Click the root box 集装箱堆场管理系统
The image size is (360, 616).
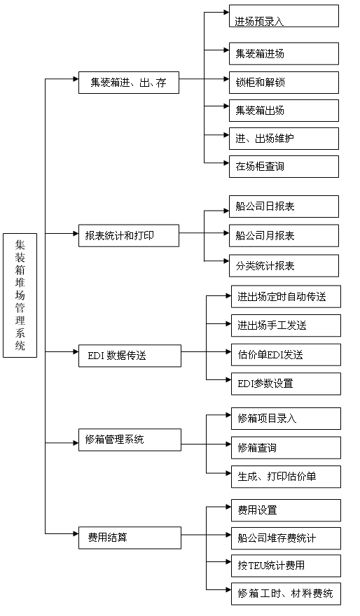pyautogui.click(x=20, y=295)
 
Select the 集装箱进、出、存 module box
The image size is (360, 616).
pyautogui.click(x=129, y=83)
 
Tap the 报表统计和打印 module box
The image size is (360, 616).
pyautogui.click(x=129, y=236)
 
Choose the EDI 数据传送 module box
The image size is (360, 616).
pyautogui.click(x=130, y=356)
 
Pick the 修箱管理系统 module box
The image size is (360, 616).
pyautogui.click(x=130, y=440)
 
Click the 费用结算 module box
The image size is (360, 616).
pyautogui.click(x=130, y=538)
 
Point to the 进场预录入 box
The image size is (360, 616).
pyautogui.click(x=284, y=15)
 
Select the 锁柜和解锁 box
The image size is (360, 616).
pyautogui.click(x=284, y=83)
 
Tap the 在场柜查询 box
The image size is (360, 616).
pyautogui.click(x=284, y=167)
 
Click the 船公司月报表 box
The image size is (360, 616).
pyautogui.click(x=284, y=236)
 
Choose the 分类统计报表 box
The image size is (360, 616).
pyautogui.click(x=284, y=265)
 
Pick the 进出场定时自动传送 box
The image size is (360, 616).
pyautogui.click(x=286, y=297)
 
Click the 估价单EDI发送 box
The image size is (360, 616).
pyautogui.click(x=286, y=355)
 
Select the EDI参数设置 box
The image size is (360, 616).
pyautogui.click(x=286, y=384)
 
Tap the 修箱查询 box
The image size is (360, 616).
pyautogui.click(x=286, y=448)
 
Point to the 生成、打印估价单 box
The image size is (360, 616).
pyautogui.click(x=286, y=477)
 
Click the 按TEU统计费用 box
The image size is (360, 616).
pyautogui.click(x=286, y=566)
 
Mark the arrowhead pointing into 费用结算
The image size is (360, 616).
pyautogui.click(x=76, y=533)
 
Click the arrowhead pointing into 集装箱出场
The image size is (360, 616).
pyautogui.click(x=227, y=106)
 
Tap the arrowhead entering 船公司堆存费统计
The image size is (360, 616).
pyautogui.click(x=229, y=534)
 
